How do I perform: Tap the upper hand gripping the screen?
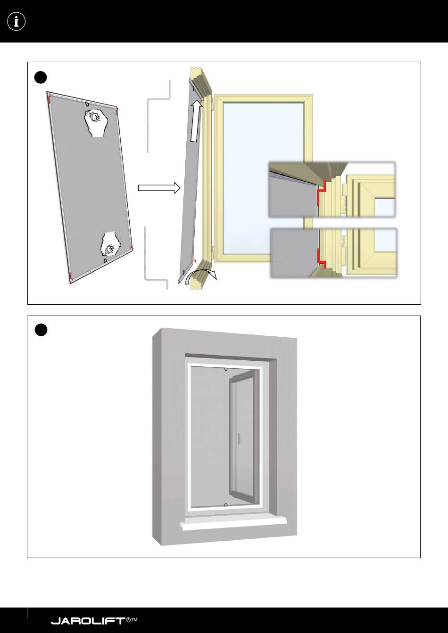pos(97,122)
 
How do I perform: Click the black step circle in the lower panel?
pos(41,330)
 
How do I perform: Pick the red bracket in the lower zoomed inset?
pos(320,258)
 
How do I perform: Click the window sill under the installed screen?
pos(233,525)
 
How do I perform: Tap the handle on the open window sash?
pos(239,438)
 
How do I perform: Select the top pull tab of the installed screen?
pos(226,369)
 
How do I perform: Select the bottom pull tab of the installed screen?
pos(226,505)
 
